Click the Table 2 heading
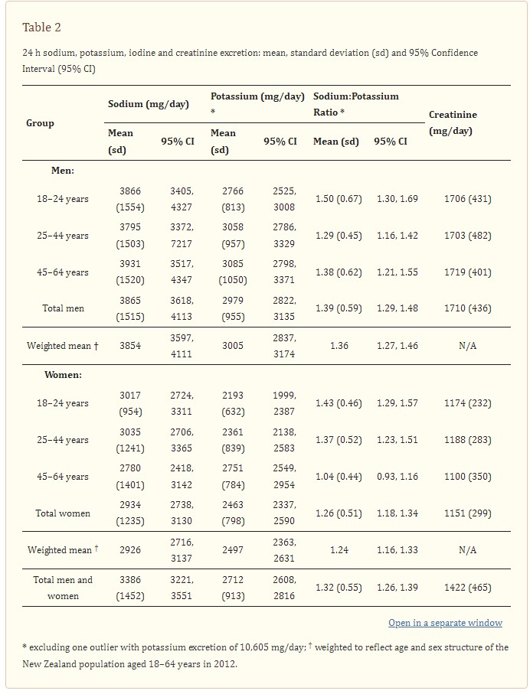[41, 28]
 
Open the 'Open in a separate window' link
[445, 623]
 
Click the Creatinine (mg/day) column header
[453, 122]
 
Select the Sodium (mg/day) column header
[149, 104]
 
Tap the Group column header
[40, 123]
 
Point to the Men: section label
[63, 171]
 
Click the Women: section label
[63, 375]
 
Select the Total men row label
[63, 308]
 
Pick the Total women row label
[63, 513]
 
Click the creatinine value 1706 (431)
[467, 199]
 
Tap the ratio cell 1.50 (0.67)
[339, 199]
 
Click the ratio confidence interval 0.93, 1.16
[397, 477]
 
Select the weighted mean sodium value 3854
[130, 346]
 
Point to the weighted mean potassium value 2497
[233, 550]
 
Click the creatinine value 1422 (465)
[467, 588]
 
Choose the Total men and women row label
[63, 588]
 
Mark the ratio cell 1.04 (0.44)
[339, 477]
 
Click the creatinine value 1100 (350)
[467, 477]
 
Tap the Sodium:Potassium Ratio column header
[356, 104]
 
